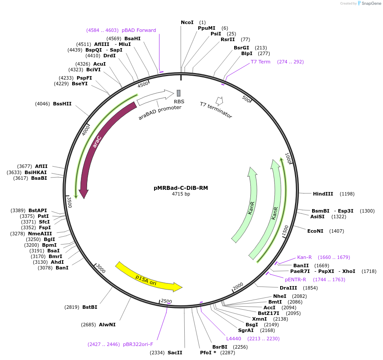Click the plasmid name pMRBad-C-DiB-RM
coord(181,188)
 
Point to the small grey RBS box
coord(179,93)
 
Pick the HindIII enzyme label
coord(323,194)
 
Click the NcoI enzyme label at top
coord(187,22)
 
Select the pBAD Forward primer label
coord(139,30)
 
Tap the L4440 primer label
coord(234,339)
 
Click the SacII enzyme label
coord(175,353)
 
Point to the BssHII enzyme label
coord(62,104)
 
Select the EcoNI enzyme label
coord(315,231)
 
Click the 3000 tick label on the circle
coord(101,268)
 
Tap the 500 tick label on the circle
coord(246,99)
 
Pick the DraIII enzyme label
coord(288,288)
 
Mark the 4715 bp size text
coord(181,194)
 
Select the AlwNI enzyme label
coord(107,325)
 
